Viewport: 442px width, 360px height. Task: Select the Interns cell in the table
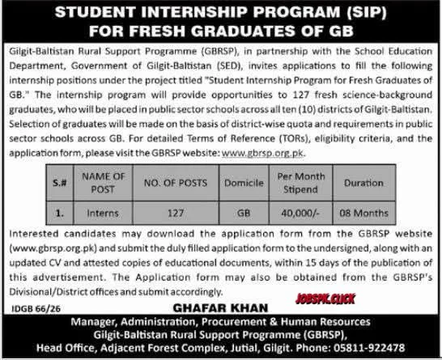pos(101,215)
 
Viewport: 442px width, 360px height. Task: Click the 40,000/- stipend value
pos(301,215)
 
